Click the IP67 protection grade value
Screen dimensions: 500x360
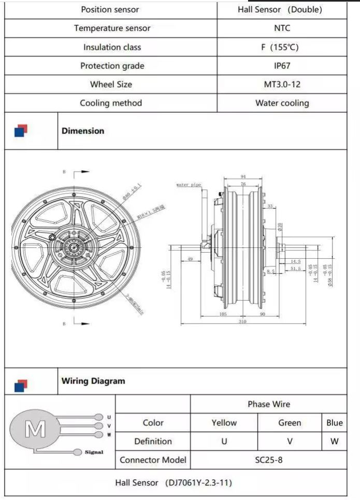click(282, 66)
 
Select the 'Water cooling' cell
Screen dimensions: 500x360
click(282, 103)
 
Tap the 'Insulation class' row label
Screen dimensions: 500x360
click(112, 47)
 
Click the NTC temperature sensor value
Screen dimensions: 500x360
click(282, 28)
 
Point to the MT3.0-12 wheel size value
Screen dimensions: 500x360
click(282, 84)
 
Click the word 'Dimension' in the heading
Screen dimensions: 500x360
click(83, 131)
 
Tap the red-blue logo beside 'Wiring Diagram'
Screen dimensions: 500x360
click(21, 385)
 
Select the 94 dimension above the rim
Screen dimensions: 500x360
click(243, 177)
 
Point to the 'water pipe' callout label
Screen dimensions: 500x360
click(189, 184)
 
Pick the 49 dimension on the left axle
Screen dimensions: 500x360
click(190, 259)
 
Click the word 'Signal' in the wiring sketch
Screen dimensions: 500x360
click(94, 452)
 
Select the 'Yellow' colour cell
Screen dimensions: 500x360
click(224, 423)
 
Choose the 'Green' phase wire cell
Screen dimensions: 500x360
click(290, 423)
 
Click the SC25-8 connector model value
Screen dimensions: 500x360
click(269, 460)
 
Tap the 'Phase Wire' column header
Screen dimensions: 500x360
click(269, 404)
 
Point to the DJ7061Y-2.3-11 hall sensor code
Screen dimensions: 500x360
click(199, 482)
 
